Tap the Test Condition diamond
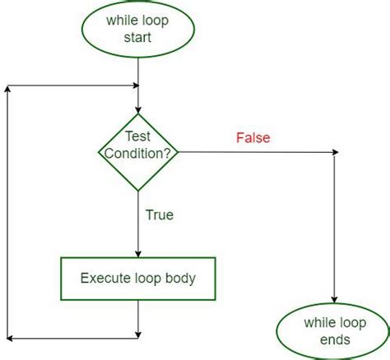pos(138,150)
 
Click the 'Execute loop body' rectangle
pos(137,278)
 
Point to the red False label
pos(253,138)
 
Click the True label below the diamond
pos(159,215)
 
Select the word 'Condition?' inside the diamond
pos(138,154)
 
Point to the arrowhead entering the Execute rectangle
pos(138,255)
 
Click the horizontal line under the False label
pos(255,152)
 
